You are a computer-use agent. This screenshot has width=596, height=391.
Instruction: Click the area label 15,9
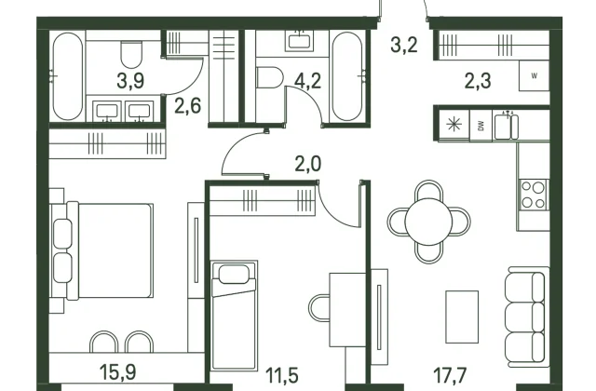coord(118,372)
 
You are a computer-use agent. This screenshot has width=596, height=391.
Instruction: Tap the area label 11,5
coord(281,375)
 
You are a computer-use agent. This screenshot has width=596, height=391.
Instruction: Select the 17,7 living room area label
coord(450,375)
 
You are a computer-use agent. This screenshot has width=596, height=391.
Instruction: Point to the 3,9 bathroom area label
coord(130,81)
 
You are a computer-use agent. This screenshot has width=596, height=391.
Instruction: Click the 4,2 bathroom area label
coord(308,81)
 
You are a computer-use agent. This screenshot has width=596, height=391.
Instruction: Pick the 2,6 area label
coord(188,105)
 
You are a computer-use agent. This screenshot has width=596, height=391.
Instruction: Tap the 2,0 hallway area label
coord(308,164)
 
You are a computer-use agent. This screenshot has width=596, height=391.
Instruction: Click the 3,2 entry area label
coord(404,45)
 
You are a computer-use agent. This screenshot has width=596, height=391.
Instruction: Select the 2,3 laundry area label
coord(478,81)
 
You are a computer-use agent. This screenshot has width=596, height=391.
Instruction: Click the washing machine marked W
coord(534,75)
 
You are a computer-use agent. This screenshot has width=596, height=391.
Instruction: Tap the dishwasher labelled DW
coord(481,126)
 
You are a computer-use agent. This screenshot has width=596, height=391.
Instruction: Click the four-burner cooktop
coord(533,195)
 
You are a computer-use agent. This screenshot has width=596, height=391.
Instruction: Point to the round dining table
coord(428,222)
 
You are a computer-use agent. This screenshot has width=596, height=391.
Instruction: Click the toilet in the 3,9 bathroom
coord(131,54)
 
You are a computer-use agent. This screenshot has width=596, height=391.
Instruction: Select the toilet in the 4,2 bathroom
coord(270,77)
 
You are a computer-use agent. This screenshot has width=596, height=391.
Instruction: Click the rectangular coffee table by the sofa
coord(462,317)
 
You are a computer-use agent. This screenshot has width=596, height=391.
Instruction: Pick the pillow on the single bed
coord(234,275)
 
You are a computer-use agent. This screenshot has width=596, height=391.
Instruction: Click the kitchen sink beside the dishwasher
coord(506,126)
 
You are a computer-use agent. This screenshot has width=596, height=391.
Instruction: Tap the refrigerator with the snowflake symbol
coord(454,126)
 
